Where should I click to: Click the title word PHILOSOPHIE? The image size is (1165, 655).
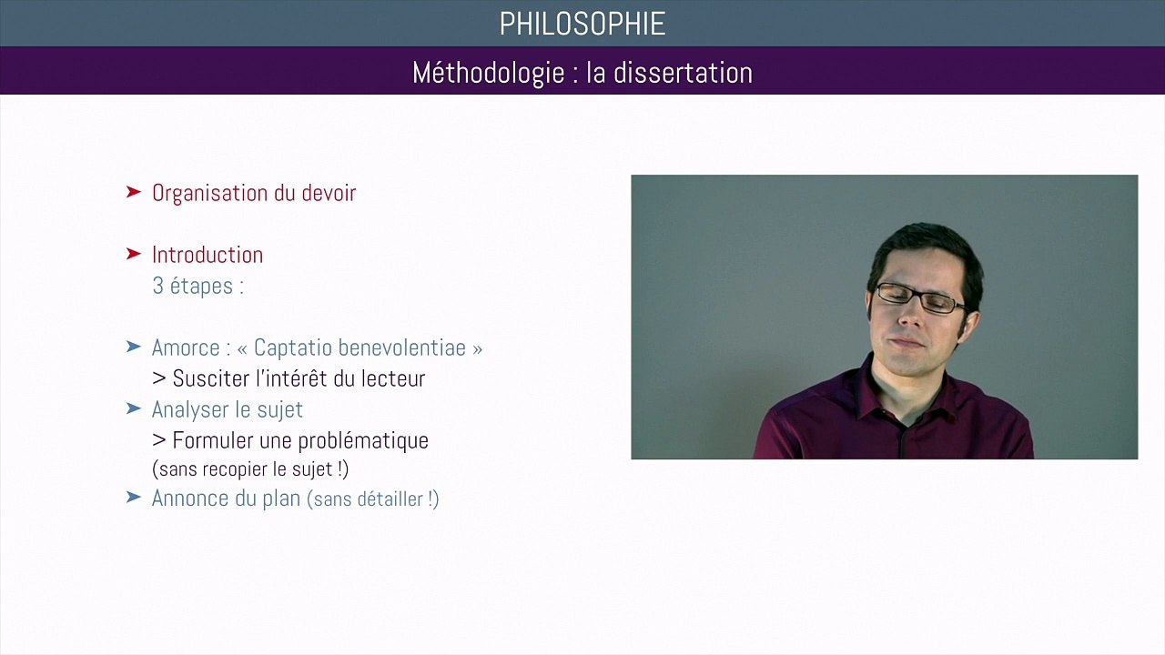(x=582, y=24)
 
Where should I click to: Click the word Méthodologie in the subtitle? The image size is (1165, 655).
(x=489, y=73)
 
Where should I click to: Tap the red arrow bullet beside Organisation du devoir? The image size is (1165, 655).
(x=134, y=192)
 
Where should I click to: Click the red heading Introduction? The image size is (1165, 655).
(x=208, y=255)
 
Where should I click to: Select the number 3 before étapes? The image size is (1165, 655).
(x=157, y=286)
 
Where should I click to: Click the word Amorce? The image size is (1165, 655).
(x=187, y=348)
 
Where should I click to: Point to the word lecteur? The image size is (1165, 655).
(x=394, y=378)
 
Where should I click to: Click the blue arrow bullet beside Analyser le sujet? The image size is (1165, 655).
(x=134, y=409)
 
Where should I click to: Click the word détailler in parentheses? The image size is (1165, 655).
(x=385, y=499)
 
